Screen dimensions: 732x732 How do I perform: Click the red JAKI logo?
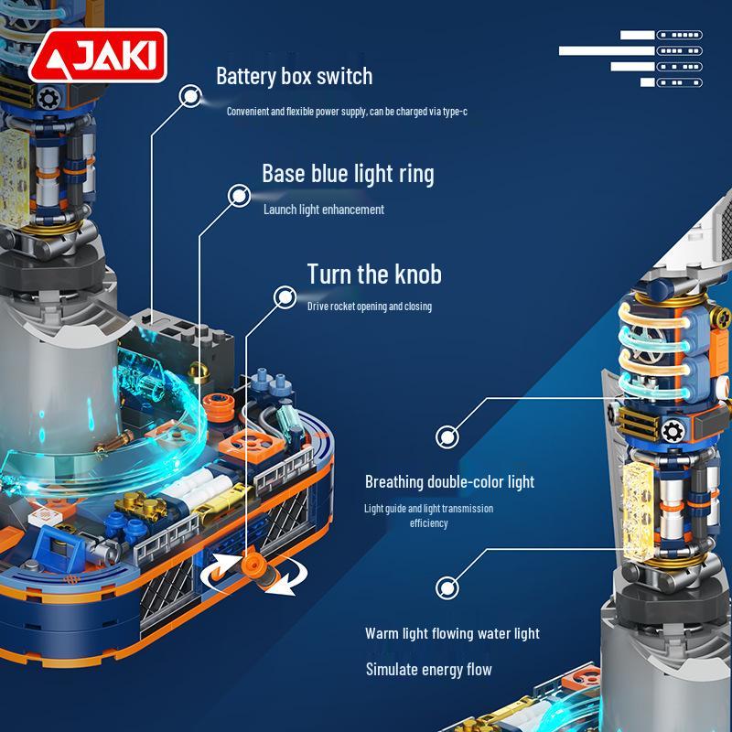point(98,56)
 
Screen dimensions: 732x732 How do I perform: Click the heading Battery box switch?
point(294,76)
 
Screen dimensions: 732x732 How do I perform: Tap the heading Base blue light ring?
point(348,174)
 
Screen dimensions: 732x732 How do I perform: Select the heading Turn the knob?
point(374,274)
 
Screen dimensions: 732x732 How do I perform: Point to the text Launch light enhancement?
point(324,210)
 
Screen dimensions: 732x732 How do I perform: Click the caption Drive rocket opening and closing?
point(370,307)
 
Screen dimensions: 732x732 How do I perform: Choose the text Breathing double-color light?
point(449,482)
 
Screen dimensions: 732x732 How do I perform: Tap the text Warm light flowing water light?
point(452,633)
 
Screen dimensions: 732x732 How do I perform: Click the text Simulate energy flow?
point(428,670)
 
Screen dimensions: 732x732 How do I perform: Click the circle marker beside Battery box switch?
point(190,96)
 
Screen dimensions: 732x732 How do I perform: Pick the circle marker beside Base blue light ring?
point(239,196)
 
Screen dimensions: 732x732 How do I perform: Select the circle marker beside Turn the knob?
point(285,296)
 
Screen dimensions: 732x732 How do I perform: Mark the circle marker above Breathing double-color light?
point(447,437)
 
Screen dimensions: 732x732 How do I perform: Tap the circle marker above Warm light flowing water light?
point(447,587)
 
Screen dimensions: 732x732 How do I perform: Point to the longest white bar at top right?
point(607,50)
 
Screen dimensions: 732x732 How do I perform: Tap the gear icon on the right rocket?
point(673,432)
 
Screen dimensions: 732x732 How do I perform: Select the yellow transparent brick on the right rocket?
point(639,511)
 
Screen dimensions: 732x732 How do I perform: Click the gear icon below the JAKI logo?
point(48,99)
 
